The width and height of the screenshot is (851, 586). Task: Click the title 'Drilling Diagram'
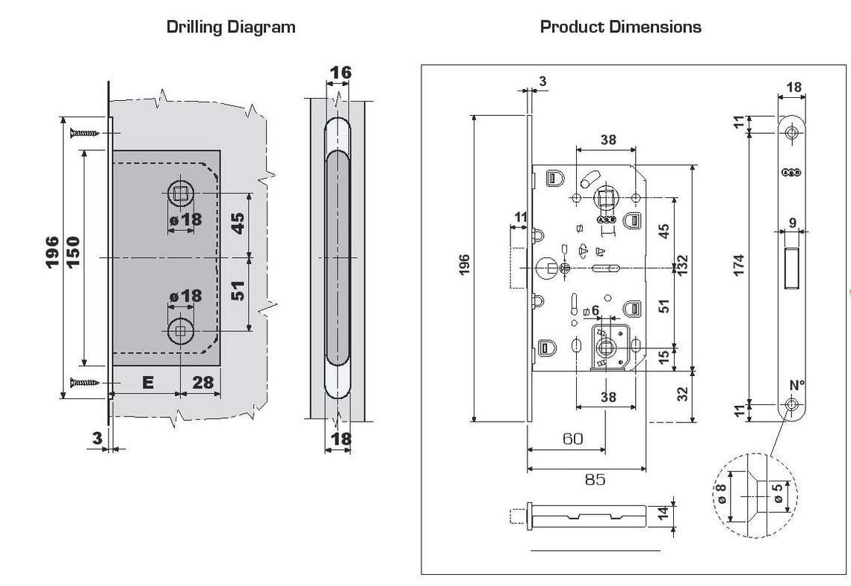pyautogui.click(x=231, y=28)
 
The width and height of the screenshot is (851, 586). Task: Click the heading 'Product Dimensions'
pyautogui.click(x=620, y=28)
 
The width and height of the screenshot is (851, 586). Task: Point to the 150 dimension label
pyautogui.click(x=75, y=252)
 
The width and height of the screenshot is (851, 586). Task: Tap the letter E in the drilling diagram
pyautogui.click(x=147, y=383)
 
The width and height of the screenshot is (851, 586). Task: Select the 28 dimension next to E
pyautogui.click(x=202, y=383)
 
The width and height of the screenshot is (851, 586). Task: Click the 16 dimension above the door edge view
pyautogui.click(x=341, y=73)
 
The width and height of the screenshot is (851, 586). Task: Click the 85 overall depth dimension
pyautogui.click(x=595, y=479)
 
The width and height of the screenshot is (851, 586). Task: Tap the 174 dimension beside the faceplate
pyautogui.click(x=739, y=265)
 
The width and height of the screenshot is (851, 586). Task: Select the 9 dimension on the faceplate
pyautogui.click(x=791, y=221)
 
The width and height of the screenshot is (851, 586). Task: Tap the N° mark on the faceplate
pyautogui.click(x=796, y=386)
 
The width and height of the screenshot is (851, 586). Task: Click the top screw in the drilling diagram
pyautogui.click(x=84, y=133)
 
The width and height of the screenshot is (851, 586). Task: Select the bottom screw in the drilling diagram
pyautogui.click(x=84, y=383)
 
